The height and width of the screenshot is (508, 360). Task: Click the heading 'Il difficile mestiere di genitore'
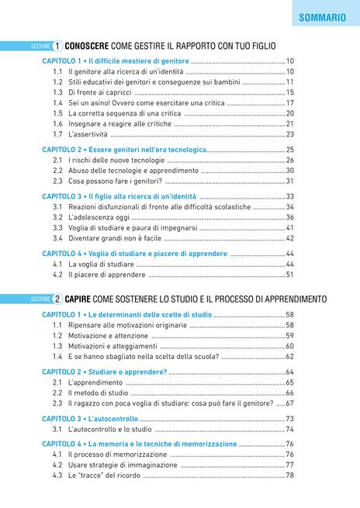138,61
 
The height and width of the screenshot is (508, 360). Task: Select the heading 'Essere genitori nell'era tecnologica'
147,150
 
